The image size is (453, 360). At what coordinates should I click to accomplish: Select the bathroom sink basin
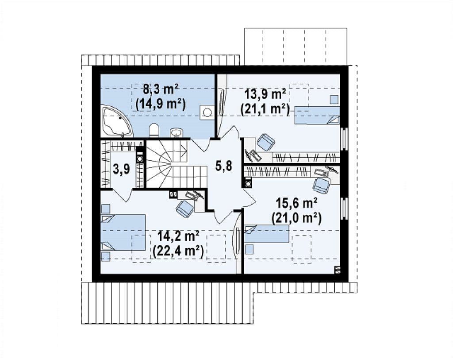click(176, 133)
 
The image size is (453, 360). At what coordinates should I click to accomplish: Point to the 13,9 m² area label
click(265, 94)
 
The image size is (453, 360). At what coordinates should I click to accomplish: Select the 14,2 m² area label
click(178, 236)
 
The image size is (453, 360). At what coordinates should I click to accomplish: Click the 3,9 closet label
click(121, 170)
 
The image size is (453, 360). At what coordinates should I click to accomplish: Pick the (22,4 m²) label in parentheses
click(178, 251)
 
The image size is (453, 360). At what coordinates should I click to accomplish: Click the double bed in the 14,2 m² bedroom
click(123, 232)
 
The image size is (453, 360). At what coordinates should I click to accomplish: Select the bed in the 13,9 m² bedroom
click(317, 115)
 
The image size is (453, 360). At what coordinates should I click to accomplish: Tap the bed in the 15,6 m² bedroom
click(267, 234)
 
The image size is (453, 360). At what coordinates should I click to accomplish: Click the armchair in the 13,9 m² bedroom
click(265, 142)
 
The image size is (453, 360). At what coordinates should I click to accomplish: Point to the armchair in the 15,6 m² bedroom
click(322, 185)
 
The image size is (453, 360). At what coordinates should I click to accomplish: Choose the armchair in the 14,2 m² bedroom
click(185, 208)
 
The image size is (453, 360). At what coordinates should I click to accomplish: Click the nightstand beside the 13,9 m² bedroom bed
click(334, 100)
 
